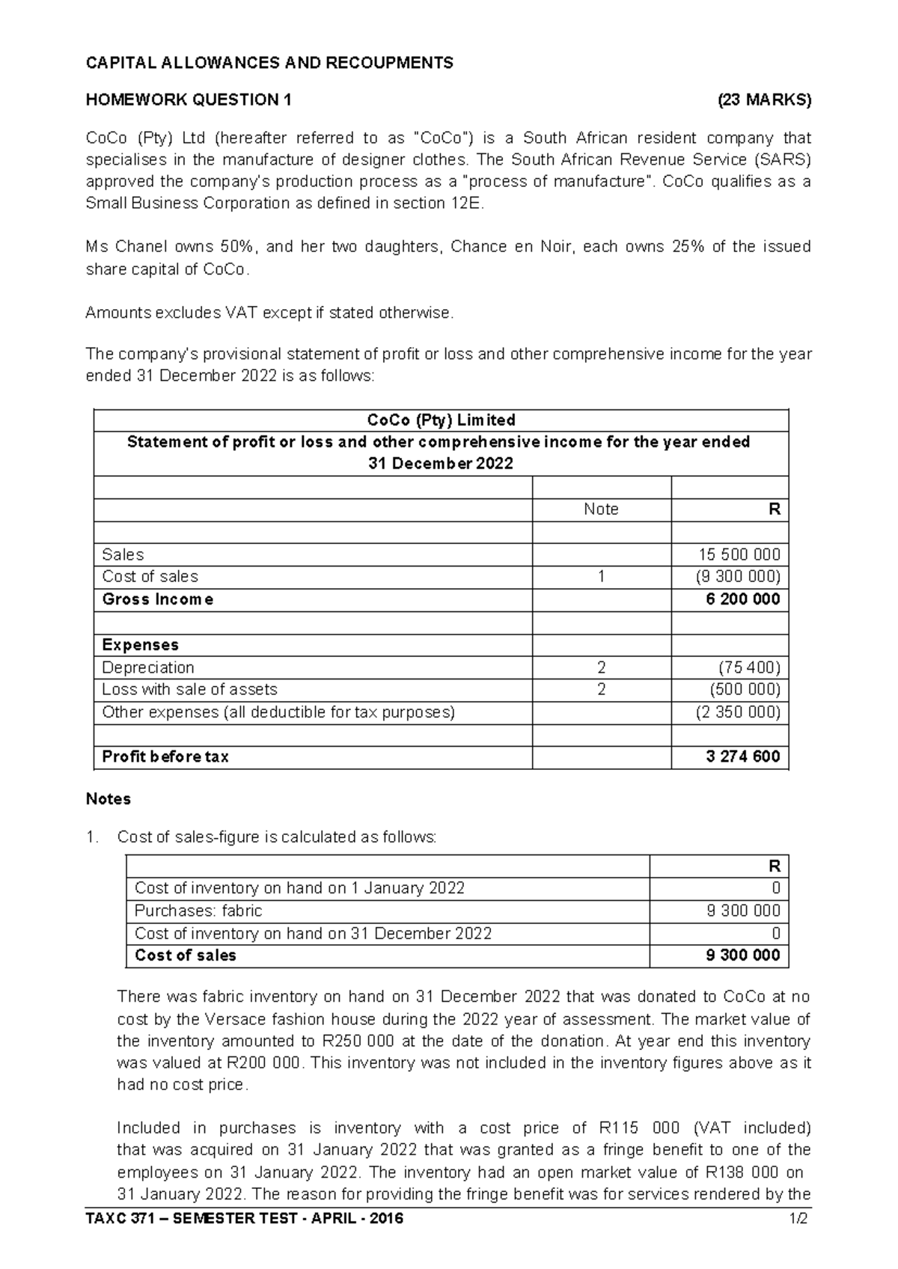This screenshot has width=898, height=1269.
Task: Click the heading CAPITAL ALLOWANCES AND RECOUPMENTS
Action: pyautogui.click(x=269, y=63)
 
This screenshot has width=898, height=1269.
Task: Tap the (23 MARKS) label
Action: pyautogui.click(x=763, y=100)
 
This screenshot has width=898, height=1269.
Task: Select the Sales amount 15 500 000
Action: pyautogui.click(x=739, y=554)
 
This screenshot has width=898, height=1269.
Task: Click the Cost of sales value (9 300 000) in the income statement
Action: pyautogui.click(x=737, y=577)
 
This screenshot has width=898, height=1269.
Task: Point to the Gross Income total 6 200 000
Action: pyautogui.click(x=742, y=599)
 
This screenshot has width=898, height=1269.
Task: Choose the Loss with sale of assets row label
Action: pyautogui.click(x=189, y=689)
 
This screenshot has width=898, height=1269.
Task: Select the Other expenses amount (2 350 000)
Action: pyautogui.click(x=737, y=712)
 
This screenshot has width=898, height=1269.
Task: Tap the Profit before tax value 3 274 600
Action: pyautogui.click(x=742, y=756)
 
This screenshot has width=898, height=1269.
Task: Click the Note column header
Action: pyautogui.click(x=601, y=510)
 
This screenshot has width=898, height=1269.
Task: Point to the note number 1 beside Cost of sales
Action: pyautogui.click(x=601, y=577)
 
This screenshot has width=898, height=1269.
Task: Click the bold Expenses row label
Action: pyautogui.click(x=140, y=645)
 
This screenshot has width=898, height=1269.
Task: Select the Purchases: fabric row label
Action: pyautogui.click(x=198, y=911)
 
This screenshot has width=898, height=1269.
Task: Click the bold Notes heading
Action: pyautogui.click(x=109, y=799)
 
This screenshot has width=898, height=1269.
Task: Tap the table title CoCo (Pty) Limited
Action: pyautogui.click(x=441, y=421)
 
